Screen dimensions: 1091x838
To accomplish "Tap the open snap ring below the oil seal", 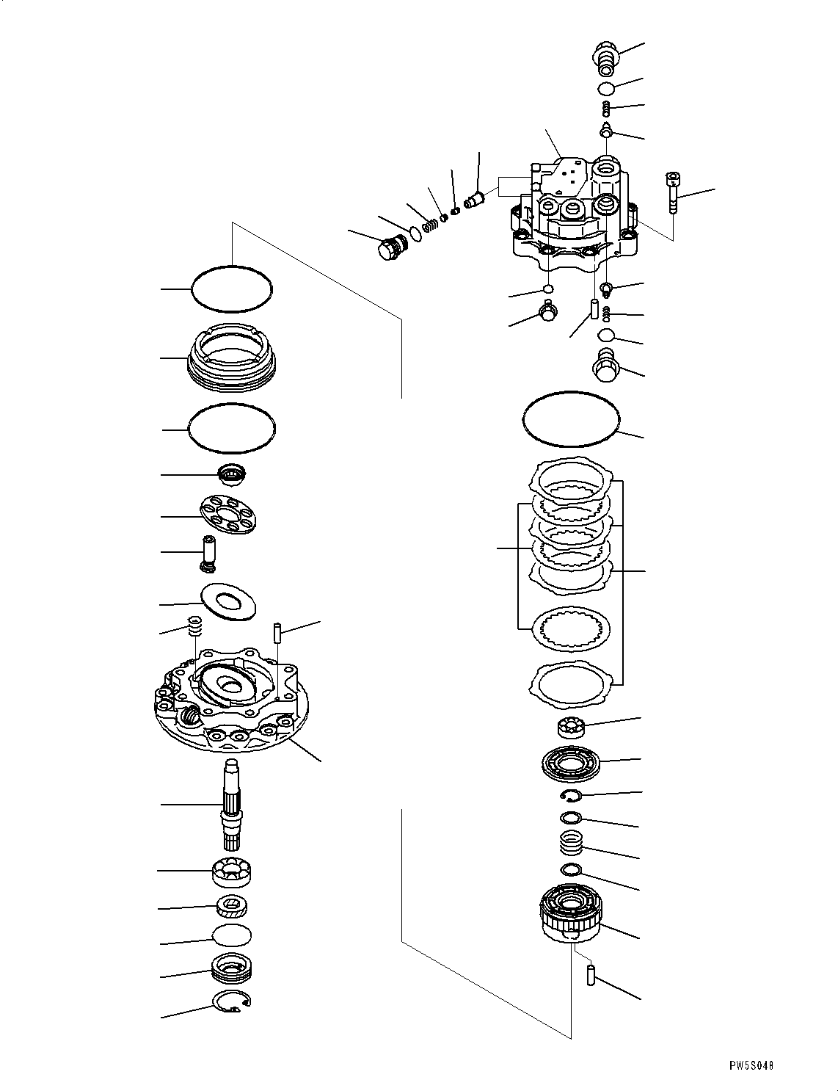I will [x=231, y=1002].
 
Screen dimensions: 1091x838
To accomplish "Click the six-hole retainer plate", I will [x=227, y=516].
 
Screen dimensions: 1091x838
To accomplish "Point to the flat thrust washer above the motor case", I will [x=227, y=600].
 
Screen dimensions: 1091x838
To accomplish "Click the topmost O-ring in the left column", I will [x=232, y=289].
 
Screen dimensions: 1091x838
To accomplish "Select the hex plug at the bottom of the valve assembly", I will [x=607, y=365].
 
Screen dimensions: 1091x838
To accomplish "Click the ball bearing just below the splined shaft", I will [x=232, y=871].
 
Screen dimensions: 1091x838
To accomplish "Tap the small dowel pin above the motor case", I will [x=279, y=631].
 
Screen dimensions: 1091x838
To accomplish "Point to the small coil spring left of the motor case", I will [x=195, y=628].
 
